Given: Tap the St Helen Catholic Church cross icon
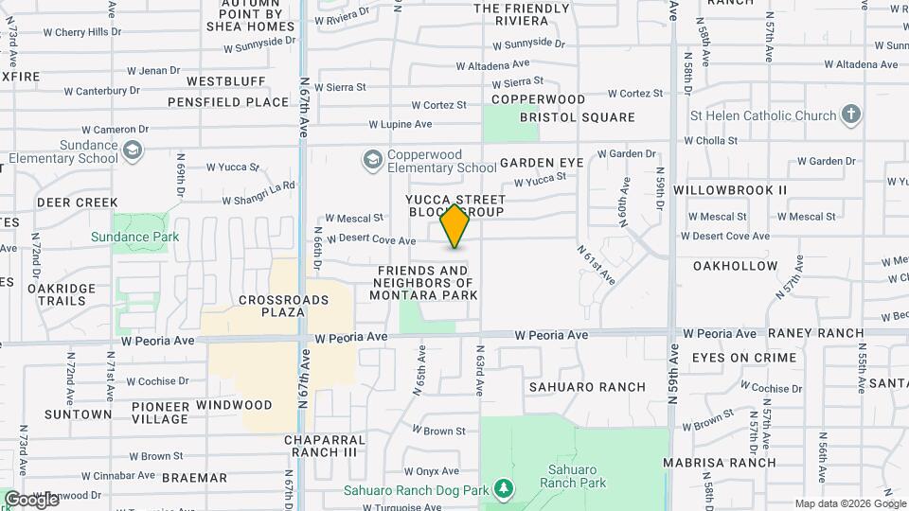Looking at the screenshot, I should pyautogui.click(x=851, y=115).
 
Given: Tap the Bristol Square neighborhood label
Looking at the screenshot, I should pyautogui.click(x=577, y=117).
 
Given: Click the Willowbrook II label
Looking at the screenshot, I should pyautogui.click(x=730, y=190).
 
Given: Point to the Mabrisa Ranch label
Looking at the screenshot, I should pyautogui.click(x=733, y=463).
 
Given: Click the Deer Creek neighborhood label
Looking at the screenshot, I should pyautogui.click(x=78, y=203).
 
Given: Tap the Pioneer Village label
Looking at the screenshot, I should pyautogui.click(x=147, y=413).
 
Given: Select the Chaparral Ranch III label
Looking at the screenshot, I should pyautogui.click(x=323, y=447).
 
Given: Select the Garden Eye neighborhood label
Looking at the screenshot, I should pyautogui.click(x=542, y=163).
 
